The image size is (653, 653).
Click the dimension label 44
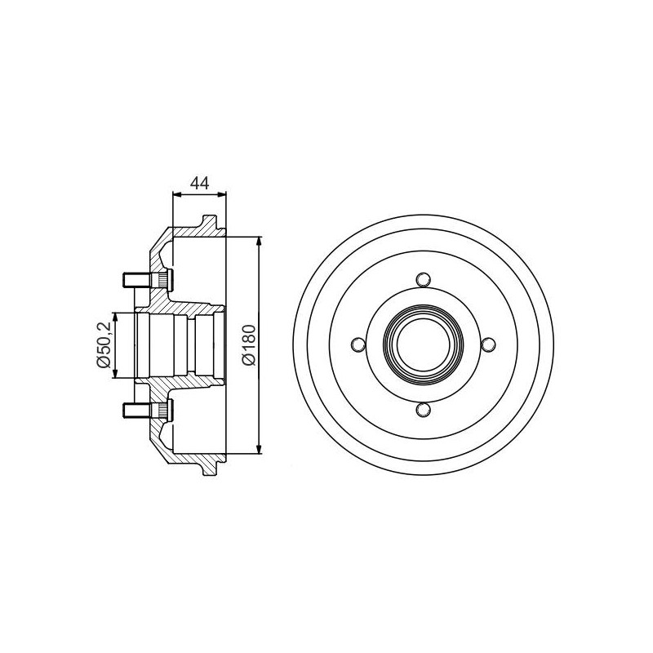(199, 183)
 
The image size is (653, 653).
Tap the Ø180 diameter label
(249, 345)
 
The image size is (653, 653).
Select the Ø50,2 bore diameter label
(103, 344)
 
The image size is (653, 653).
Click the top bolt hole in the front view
(424, 279)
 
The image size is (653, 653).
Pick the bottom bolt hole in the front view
(424, 410)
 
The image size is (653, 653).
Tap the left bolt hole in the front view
(358, 344)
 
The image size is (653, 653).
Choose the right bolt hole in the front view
(488, 344)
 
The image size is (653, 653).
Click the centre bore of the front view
(424, 344)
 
